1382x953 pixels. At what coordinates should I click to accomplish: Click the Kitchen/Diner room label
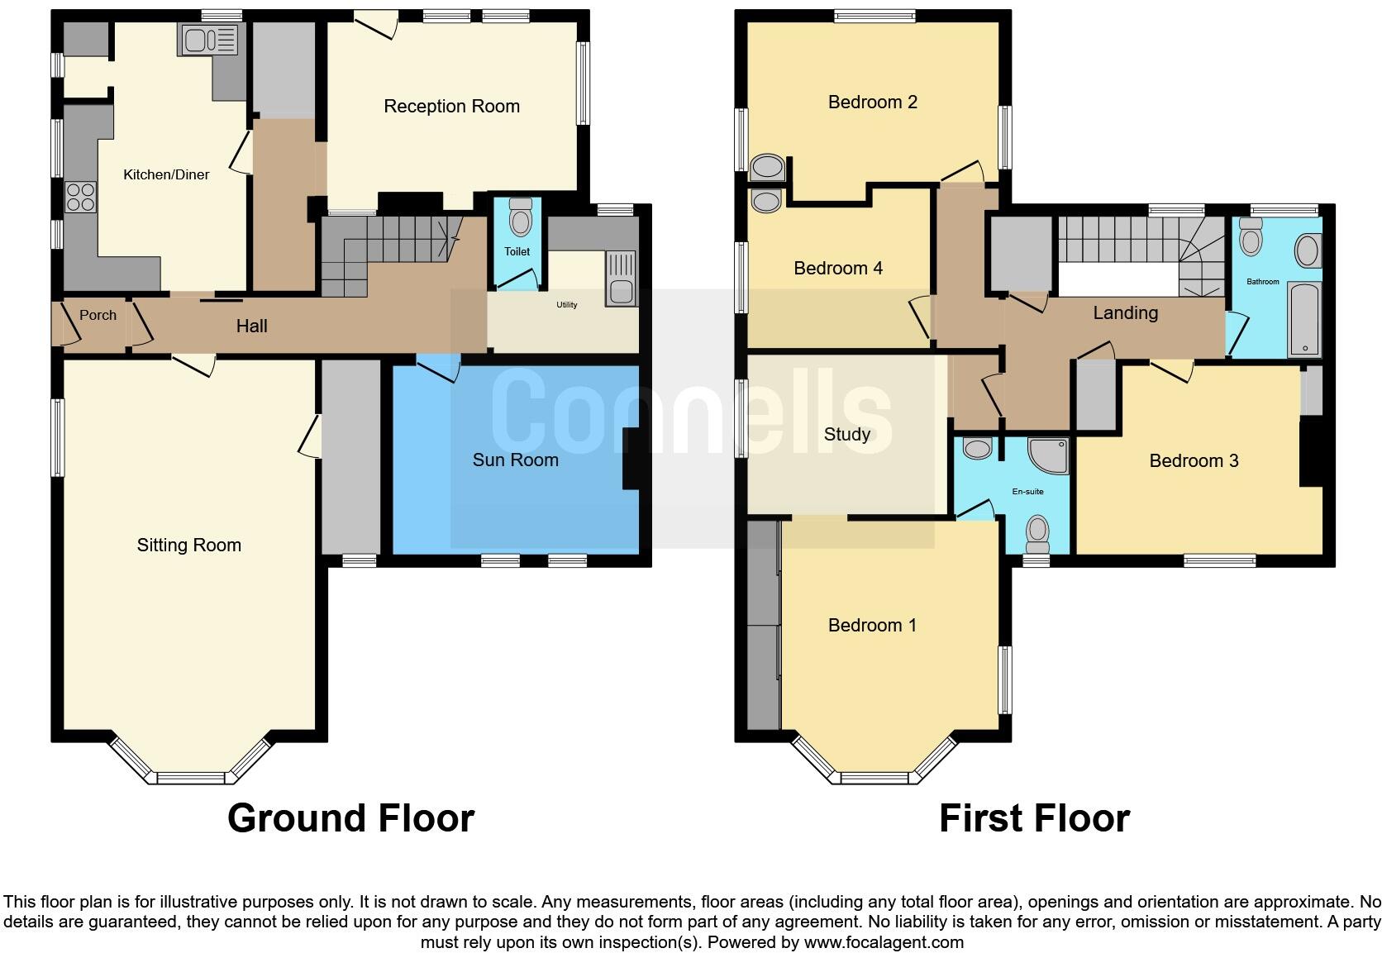tap(166, 174)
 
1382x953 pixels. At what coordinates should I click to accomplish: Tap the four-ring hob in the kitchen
tap(81, 198)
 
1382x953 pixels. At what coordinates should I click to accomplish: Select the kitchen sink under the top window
tap(207, 40)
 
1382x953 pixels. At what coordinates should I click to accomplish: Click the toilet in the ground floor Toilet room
tap(520, 219)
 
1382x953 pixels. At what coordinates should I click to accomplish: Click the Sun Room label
tap(515, 460)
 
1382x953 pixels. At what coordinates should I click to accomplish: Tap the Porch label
tap(98, 315)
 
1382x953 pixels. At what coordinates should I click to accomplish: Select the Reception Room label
tap(451, 106)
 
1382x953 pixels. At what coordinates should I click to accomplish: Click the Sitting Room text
tap(188, 545)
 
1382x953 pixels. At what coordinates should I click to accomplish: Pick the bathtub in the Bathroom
tap(1305, 320)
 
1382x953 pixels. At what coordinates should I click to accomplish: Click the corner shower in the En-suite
tap(1049, 455)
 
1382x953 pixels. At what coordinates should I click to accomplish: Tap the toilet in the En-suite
tap(1037, 533)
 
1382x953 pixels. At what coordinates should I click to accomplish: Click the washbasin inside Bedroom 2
tap(769, 168)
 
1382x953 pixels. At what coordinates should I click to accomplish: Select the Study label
tap(846, 434)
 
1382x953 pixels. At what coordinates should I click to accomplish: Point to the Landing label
tap(1125, 312)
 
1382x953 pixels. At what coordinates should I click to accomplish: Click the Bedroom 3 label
tap(1194, 460)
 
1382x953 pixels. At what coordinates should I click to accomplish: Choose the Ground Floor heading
tap(350, 818)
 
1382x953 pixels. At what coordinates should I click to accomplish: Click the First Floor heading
tap(1034, 818)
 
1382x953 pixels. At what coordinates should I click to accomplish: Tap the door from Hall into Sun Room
tap(438, 369)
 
